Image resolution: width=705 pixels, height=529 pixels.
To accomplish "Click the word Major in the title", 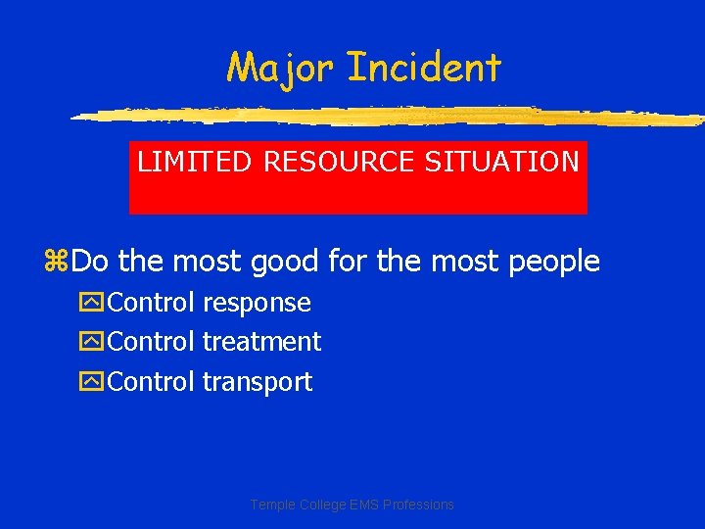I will point(281,68).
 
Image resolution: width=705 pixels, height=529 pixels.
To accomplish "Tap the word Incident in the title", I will point(423,68).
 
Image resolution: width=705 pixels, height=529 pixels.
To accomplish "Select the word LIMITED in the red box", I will point(196,162).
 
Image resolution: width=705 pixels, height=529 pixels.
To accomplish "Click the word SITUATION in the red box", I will point(501,162).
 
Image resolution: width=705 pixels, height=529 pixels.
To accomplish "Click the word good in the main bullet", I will point(283,262).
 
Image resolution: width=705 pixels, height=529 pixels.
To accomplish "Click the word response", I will point(257,304).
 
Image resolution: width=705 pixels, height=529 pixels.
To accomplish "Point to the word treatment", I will point(261,342).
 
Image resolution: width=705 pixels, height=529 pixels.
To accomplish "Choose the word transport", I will point(258,382).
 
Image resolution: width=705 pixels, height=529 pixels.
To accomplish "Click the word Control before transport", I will point(151,382).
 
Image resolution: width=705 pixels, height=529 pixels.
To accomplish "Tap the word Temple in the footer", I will point(271,505).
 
